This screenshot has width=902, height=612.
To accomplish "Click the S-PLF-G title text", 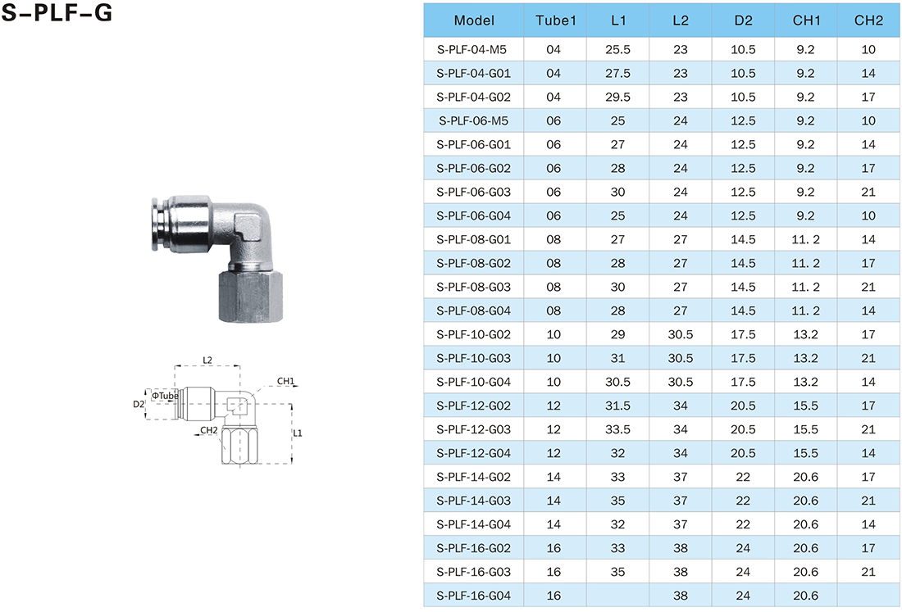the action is tap(57, 12).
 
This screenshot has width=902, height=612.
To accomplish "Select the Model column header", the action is tap(473, 20).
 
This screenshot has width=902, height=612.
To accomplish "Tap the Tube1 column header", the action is tap(555, 20).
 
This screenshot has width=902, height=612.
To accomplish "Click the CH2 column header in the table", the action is tap(868, 20).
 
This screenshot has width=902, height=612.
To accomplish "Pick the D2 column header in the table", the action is tap(743, 20).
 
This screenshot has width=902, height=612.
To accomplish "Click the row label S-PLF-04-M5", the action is tap(471, 49).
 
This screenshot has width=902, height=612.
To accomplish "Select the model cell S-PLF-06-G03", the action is tap(473, 192).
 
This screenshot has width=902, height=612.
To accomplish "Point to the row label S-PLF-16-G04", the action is tap(473, 596).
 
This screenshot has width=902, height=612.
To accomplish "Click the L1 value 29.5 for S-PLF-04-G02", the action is tap(617, 97).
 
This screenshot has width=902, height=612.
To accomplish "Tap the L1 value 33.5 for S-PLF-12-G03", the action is tap(617, 429).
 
